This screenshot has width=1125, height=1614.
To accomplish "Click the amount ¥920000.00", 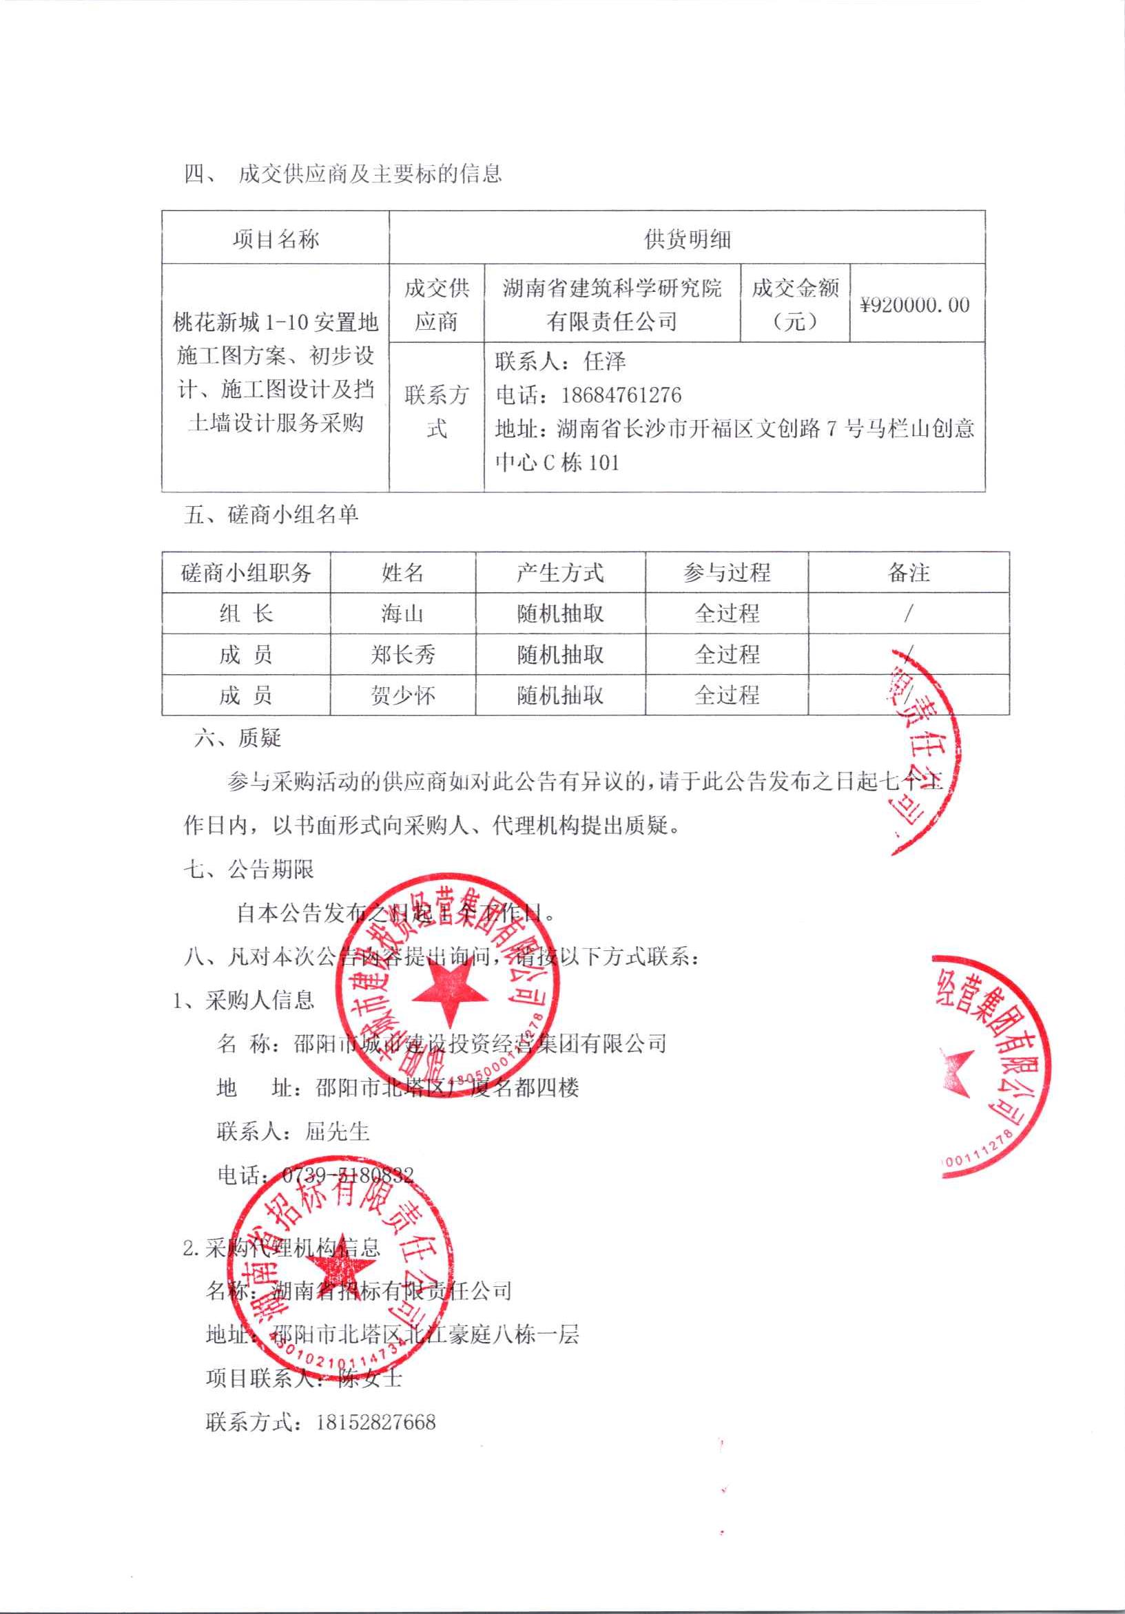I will coord(915,305).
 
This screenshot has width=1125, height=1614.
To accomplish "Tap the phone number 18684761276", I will coord(621,395).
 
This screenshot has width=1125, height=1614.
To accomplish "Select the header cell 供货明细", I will coord(687,240).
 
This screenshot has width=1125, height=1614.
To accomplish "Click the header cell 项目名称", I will coord(276,240).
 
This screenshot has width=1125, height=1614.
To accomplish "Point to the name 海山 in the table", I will coord(402,614).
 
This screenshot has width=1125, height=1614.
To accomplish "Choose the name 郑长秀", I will coord(402,655).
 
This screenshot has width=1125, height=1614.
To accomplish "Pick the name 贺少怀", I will coord(402,696).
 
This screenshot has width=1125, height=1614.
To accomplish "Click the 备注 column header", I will coord(908,573).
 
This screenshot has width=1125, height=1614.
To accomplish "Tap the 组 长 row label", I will coord(245,614).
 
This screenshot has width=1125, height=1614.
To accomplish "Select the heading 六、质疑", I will coord(238,738).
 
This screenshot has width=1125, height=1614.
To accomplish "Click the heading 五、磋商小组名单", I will coord(271,515).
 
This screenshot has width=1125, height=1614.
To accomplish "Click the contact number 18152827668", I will coord(375,1422).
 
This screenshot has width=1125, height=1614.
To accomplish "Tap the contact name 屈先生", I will coord(337,1131).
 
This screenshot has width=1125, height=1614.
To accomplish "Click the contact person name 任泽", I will coord(604,361).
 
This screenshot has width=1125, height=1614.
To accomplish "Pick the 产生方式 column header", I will coord(559,573).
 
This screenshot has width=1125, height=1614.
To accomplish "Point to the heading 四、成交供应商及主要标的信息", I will coord(342,174).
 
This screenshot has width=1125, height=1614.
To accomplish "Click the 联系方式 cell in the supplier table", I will coord(436,411).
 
